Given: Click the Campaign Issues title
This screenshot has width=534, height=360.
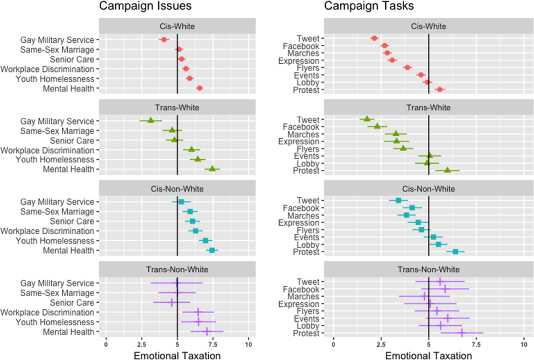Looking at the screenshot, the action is [145, 6].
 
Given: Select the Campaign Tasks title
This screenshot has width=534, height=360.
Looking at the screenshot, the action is [369, 6].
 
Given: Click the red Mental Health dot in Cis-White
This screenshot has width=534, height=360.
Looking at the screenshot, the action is [200, 88].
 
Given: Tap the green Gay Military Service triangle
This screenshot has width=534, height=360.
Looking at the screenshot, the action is [151, 120].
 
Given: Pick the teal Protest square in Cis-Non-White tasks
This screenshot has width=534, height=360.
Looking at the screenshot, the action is [455, 252].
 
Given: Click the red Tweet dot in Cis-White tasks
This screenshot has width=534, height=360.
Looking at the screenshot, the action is [374, 38].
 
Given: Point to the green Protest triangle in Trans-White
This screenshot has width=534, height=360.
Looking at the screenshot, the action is [447, 170].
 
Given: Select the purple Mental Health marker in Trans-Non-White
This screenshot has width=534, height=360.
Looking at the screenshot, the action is [207, 331].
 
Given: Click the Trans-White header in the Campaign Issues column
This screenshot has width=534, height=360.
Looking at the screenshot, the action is [177, 108].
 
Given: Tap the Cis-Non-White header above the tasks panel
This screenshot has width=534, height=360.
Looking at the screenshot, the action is [429, 189].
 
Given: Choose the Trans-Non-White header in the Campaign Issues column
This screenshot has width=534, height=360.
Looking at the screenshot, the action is [177, 269].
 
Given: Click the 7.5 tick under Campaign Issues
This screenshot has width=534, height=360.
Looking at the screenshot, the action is [213, 345].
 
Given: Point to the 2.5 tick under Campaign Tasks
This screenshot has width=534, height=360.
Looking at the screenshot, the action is [381, 345].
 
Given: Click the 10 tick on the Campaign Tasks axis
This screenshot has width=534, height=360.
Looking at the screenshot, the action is [524, 345].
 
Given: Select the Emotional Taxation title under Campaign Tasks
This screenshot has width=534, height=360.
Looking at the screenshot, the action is [429, 356].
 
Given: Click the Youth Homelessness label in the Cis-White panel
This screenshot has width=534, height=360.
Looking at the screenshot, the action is [55, 79].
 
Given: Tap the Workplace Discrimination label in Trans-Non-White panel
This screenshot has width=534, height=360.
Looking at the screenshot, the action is [48, 312].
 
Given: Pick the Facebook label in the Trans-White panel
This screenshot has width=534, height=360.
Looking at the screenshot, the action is [301, 127].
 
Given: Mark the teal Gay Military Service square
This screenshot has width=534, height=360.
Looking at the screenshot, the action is [181, 202].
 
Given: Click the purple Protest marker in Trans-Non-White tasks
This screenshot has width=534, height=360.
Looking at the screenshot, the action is [462, 333].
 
